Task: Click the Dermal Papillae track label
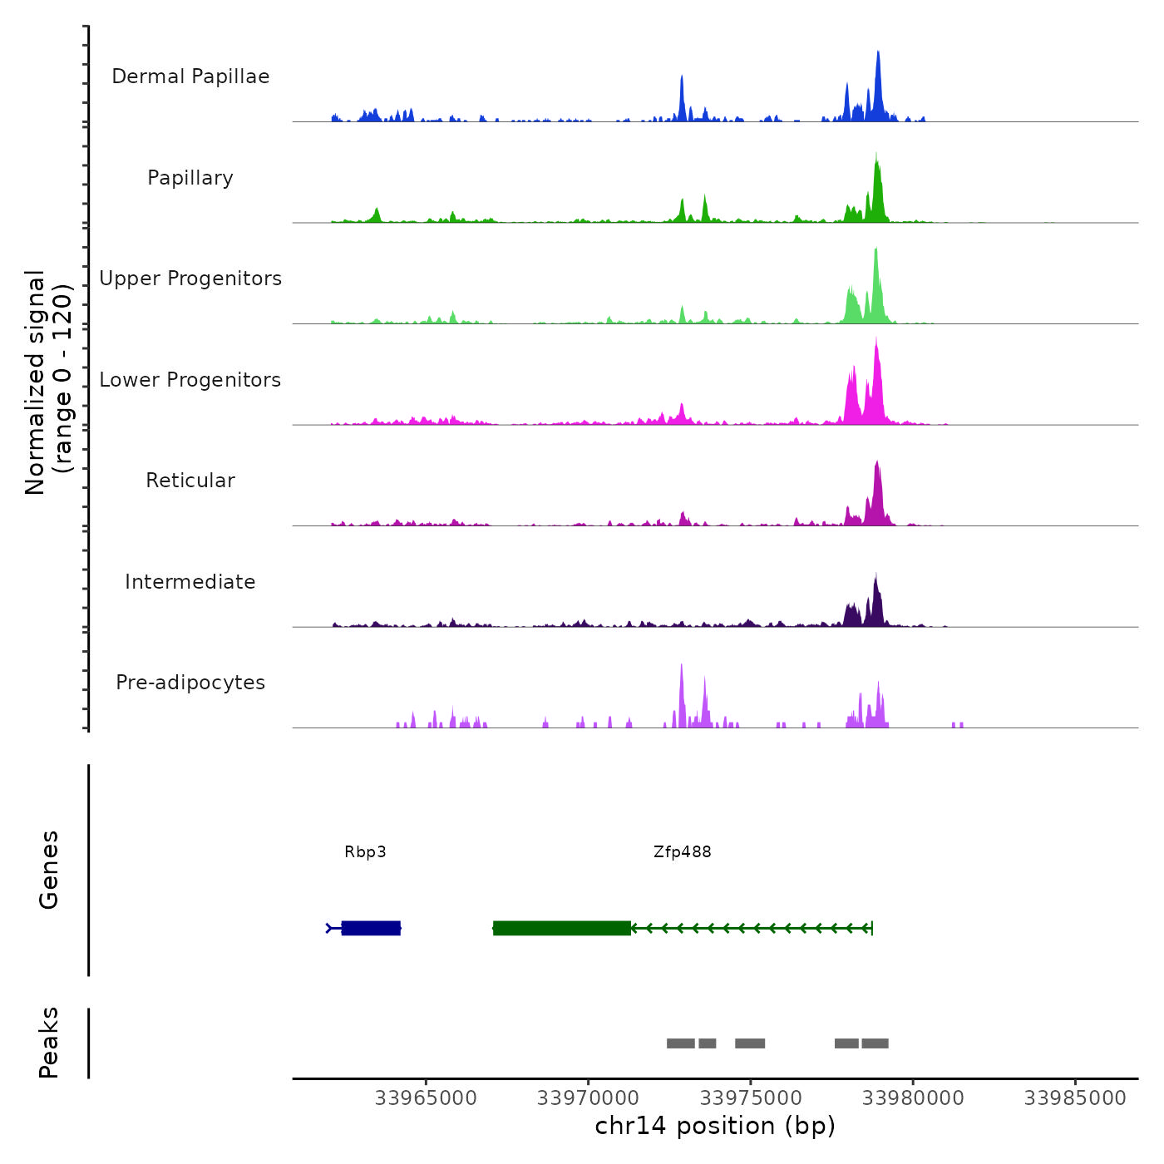tap(190, 76)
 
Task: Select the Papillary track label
tap(190, 178)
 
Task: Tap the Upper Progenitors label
tap(190, 279)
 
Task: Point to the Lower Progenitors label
tap(190, 380)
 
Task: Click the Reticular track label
tap(190, 481)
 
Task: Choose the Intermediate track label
tap(190, 582)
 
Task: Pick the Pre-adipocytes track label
tap(190, 683)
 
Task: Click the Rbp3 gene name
tap(365, 852)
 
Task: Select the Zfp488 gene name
tap(682, 852)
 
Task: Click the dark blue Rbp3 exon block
tap(371, 928)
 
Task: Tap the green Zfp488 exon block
tap(562, 928)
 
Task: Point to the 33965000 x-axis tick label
tap(426, 1098)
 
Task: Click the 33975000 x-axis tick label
tap(751, 1098)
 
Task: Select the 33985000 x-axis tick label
tap(1075, 1098)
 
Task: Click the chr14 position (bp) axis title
tap(715, 1126)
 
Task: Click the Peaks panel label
tap(48, 1043)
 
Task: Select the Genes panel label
tap(48, 870)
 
